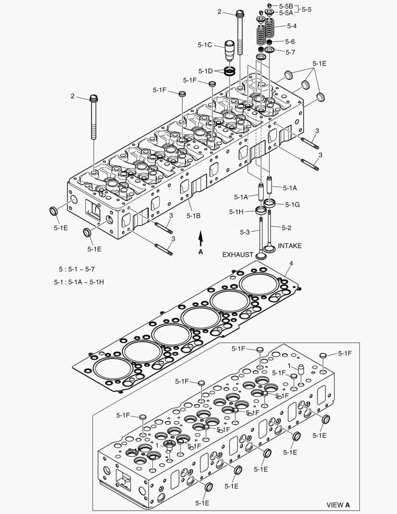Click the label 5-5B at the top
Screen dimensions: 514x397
click(x=287, y=6)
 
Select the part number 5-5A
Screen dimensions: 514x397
click(x=287, y=13)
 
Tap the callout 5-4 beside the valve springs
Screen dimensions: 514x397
click(x=291, y=26)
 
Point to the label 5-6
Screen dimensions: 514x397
click(x=290, y=42)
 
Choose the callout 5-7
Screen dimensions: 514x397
click(x=290, y=52)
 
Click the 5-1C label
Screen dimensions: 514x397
click(x=205, y=45)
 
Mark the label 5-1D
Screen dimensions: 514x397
click(x=205, y=71)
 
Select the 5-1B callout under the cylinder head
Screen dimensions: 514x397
click(x=193, y=216)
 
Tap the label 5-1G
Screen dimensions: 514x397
click(x=292, y=204)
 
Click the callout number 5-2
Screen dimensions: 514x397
click(x=286, y=228)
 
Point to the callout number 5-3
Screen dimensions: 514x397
click(x=244, y=232)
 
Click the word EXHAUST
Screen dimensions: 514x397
click(x=238, y=255)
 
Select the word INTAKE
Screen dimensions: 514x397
click(x=290, y=246)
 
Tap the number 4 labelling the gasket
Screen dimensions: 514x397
click(x=291, y=263)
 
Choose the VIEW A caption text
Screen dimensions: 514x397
click(x=338, y=504)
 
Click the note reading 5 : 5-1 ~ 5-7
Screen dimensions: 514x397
click(x=77, y=269)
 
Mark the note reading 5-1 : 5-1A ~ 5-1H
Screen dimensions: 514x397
click(x=79, y=282)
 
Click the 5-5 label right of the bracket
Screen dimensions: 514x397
click(x=307, y=9)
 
